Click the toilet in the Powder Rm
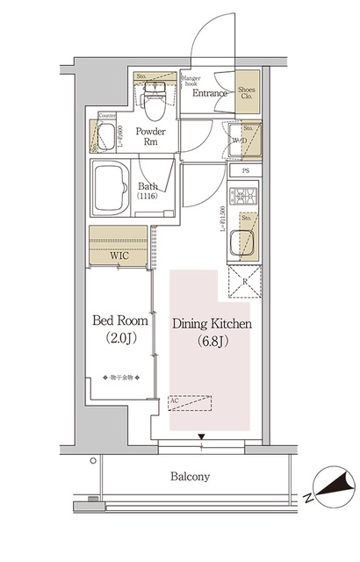(x=154, y=110)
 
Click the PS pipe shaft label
(x=247, y=170)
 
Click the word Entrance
(x=210, y=93)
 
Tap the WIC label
(x=119, y=258)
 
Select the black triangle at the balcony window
(x=202, y=437)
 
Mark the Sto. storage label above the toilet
(x=140, y=77)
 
